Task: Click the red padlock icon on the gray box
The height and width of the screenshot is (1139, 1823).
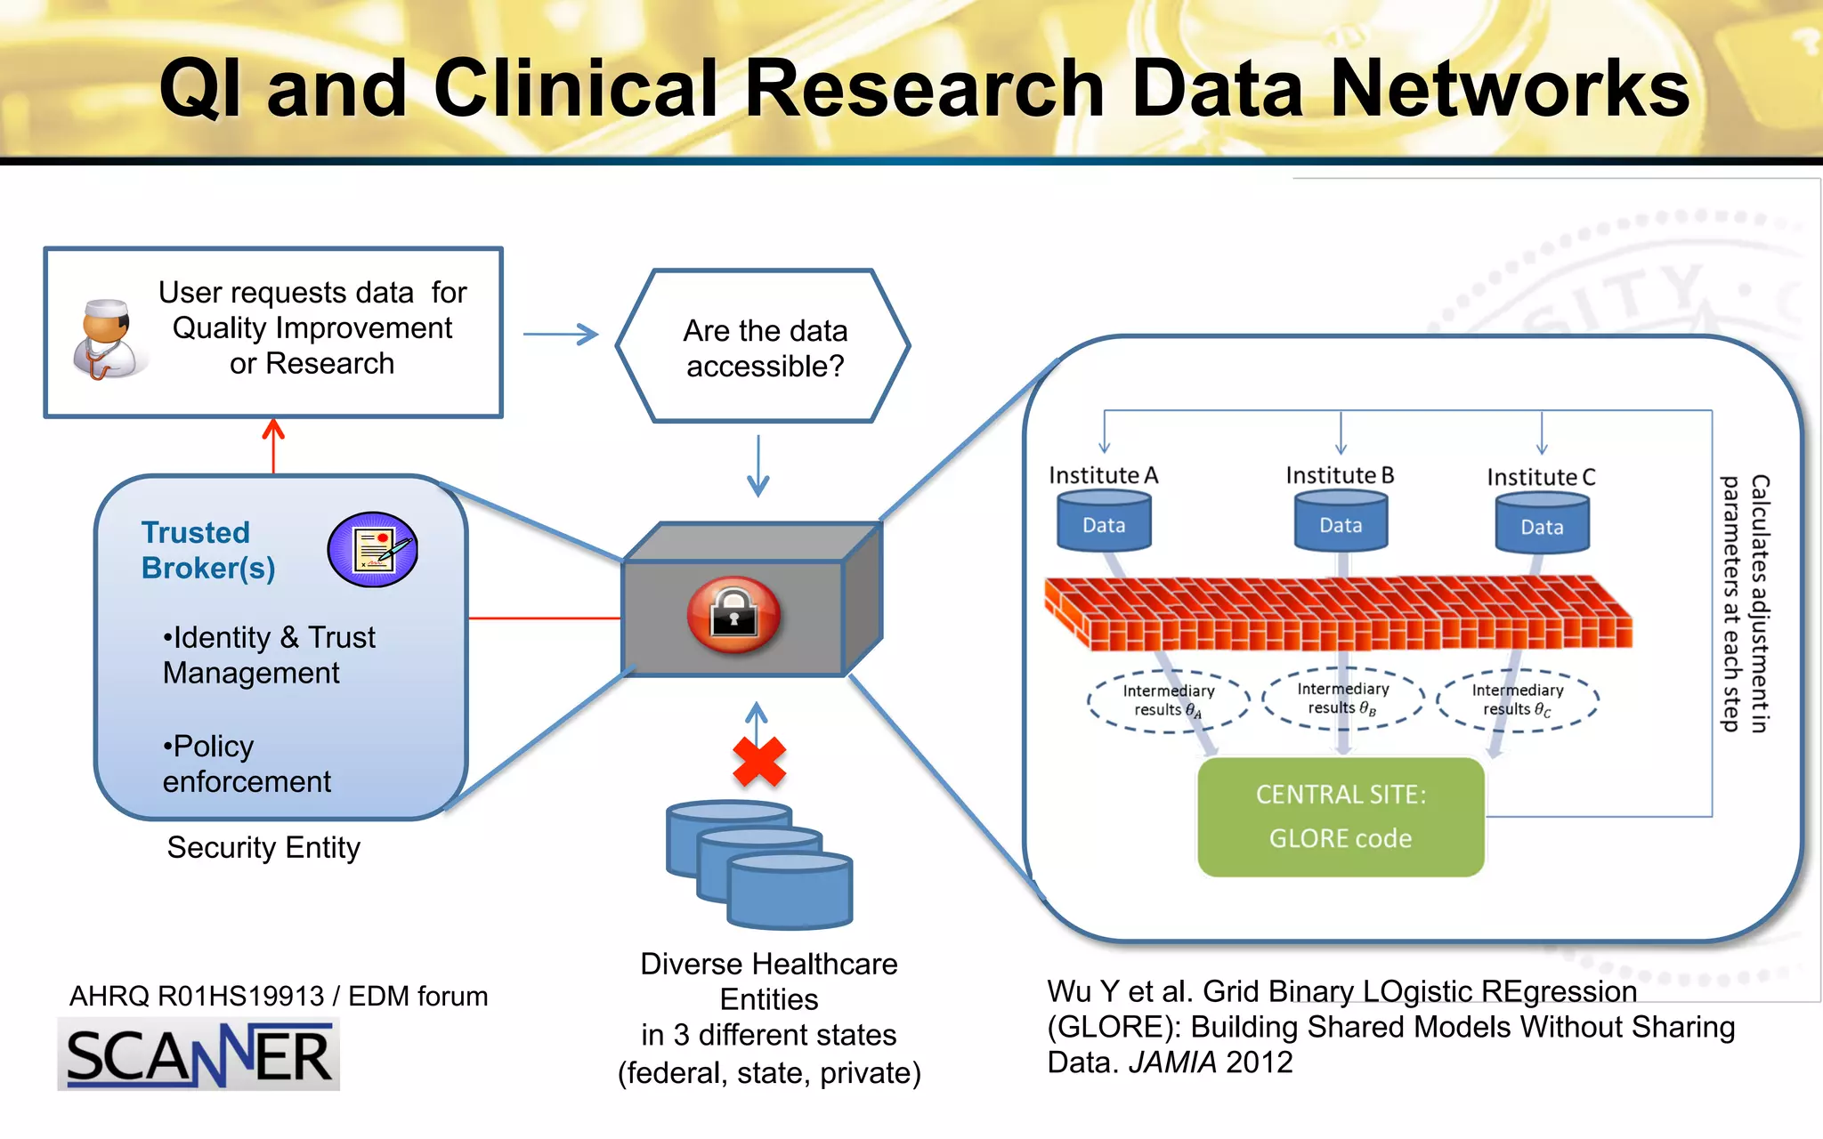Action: point(733,615)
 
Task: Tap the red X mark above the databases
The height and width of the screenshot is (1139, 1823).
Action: point(759,762)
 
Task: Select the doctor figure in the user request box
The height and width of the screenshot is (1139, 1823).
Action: point(107,340)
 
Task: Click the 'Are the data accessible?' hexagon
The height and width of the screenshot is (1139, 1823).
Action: point(764,347)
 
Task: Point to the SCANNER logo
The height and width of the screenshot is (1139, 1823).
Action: point(199,1055)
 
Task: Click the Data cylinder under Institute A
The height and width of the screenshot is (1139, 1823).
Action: point(1104,524)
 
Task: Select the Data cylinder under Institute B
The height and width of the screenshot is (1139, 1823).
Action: point(1341,524)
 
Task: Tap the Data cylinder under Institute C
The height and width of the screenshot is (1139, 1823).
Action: point(1542,526)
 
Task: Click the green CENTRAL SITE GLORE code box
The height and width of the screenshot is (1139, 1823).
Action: point(1341,817)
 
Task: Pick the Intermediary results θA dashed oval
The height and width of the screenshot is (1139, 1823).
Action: point(1168,700)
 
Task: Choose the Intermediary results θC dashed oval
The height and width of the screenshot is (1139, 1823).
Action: point(1518,699)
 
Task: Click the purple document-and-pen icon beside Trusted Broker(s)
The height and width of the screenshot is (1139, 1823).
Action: point(373,549)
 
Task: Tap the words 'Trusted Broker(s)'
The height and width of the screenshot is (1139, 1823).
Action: point(207,550)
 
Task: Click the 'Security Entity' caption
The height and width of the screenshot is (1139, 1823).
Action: point(263,847)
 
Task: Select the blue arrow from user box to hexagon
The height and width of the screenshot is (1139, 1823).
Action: point(561,335)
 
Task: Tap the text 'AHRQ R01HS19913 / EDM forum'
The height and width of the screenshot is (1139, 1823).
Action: point(279,996)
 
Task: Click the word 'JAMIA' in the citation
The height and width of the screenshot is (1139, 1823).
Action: point(1172,1062)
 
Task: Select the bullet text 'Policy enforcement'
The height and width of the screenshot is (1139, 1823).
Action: point(246,763)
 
